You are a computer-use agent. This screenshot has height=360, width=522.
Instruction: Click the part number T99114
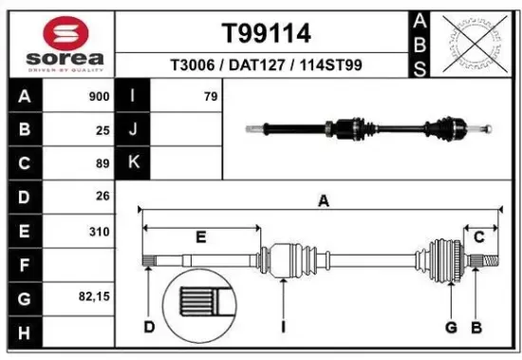tap(266, 34)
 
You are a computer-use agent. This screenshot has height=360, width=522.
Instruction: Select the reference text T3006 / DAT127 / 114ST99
tap(266, 66)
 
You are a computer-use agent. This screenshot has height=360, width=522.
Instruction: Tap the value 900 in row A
tap(98, 96)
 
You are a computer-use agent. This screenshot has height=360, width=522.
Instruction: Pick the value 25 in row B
tap(103, 130)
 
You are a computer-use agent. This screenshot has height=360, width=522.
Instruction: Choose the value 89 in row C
tap(103, 163)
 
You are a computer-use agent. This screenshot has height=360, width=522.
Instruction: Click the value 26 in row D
tap(103, 197)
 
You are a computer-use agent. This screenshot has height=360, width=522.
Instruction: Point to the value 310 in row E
tap(99, 231)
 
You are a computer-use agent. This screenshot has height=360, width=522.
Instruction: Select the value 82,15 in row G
tap(94, 297)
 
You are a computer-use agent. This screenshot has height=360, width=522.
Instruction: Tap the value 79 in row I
tap(210, 96)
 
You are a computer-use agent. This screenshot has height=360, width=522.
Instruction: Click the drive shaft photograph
tap(370, 127)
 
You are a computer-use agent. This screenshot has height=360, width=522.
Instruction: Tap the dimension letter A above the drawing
tap(323, 200)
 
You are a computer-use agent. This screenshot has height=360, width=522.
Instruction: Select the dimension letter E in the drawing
tap(200, 237)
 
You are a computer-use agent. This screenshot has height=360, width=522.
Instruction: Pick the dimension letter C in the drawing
tap(479, 237)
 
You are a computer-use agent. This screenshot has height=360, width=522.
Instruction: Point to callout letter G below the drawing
tap(451, 328)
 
